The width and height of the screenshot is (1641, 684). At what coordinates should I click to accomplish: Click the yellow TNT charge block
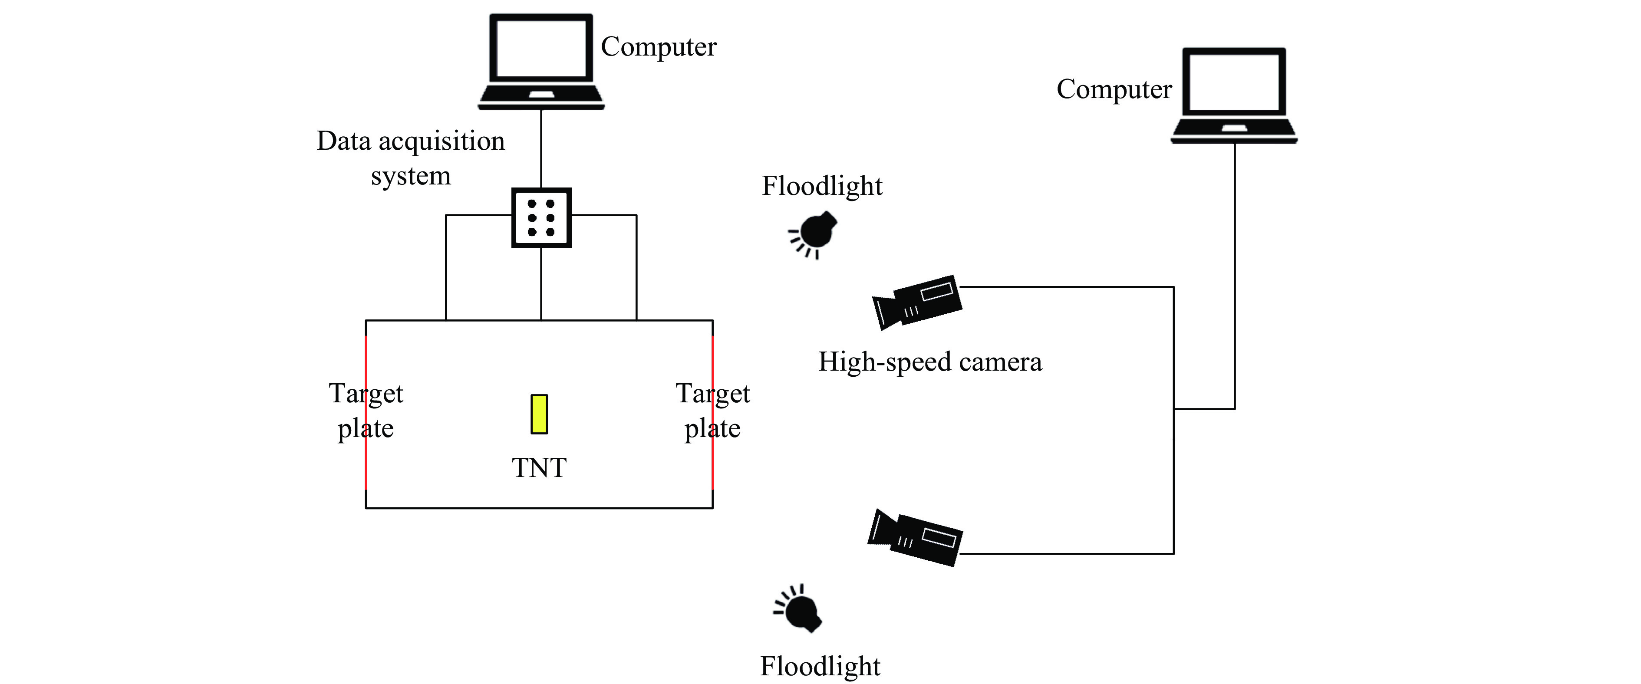tap(539, 414)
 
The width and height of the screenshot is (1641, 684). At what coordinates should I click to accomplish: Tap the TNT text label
tap(539, 468)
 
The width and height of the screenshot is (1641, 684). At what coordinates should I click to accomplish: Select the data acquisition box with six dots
tap(541, 218)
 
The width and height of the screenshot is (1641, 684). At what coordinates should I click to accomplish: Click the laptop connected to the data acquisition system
tap(541, 62)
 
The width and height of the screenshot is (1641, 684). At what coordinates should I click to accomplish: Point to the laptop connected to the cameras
tap(1234, 95)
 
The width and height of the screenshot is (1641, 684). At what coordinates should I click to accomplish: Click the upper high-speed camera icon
tap(917, 303)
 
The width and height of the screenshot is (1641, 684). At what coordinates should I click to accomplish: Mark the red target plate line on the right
tap(712, 412)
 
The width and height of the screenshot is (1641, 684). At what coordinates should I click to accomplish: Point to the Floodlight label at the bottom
tap(820, 667)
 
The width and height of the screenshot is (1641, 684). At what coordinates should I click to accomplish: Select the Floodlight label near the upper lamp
tap(822, 186)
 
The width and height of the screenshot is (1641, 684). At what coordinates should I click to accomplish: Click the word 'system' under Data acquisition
tap(411, 176)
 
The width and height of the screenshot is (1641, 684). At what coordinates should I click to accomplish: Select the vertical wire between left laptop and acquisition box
tap(541, 148)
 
